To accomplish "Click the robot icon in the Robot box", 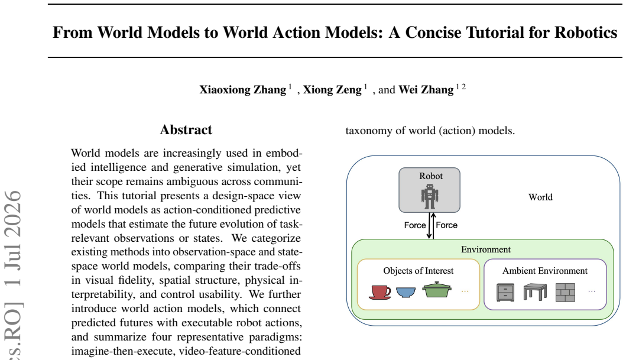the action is coord(430,196).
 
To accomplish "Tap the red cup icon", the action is coord(380,292).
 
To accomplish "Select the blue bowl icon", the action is coord(406,292).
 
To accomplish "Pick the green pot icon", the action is coord(437,290).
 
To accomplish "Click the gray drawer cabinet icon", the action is coord(505,293).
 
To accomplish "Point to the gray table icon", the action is coord(535,292).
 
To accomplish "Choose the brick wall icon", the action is coord(565,293).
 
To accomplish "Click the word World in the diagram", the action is coord(540,197).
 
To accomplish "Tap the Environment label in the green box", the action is coord(486,249).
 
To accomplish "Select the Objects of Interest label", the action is coord(419,271).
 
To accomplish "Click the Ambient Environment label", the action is coord(545,271).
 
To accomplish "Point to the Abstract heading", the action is coord(186,129).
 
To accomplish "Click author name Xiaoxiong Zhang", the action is coord(243,89).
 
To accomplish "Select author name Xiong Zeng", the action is coord(332,89).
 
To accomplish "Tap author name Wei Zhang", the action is coord(426,89).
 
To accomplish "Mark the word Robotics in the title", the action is coord(586,33).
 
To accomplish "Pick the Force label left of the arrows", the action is coord(415,225).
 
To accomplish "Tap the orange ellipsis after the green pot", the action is coord(465,292).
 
